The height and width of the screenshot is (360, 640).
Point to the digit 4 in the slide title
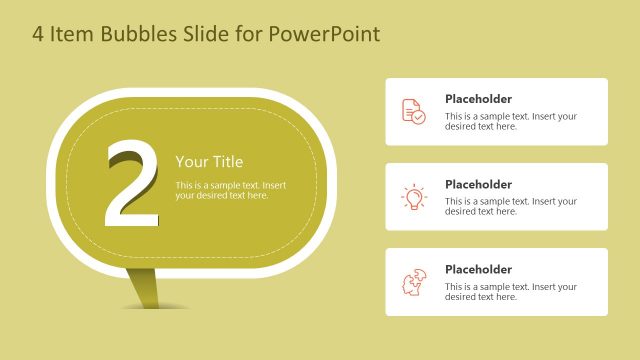point(39,35)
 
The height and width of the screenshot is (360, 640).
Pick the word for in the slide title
point(250,35)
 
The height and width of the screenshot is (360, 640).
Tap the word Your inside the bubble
point(190,162)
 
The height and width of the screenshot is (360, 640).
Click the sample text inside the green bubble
point(230,190)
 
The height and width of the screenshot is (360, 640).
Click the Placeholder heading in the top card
point(478,99)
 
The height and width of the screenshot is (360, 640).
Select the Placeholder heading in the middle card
point(478,184)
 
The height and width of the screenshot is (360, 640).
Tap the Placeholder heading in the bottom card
point(478,269)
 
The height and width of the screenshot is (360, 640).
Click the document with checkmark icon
point(413,111)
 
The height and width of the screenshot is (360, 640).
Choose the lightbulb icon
point(413,197)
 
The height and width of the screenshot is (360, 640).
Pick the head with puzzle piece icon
point(413,282)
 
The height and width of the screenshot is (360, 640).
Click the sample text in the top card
point(510,121)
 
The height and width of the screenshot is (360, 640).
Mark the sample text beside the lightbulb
point(510,206)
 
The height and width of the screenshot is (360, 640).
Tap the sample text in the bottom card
point(510,291)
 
